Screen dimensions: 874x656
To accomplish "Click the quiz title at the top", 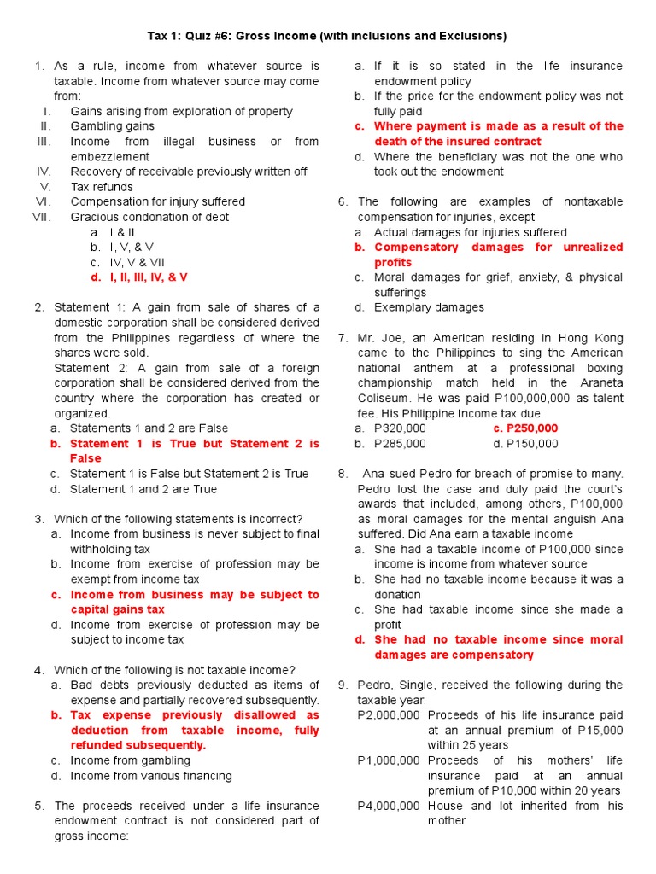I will pos(327,36).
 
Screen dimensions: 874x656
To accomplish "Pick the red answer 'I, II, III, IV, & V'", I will pos(138,277).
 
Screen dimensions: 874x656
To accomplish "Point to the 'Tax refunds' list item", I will pos(102,187).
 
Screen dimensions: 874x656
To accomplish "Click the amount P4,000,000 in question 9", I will pos(389,806).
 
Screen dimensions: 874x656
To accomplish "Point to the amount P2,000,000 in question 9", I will pos(389,715).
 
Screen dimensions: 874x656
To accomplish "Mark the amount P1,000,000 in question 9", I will pos(389,760).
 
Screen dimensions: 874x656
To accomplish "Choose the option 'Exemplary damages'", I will pos(429,307).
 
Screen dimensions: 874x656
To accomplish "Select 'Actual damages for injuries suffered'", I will pos(470,232).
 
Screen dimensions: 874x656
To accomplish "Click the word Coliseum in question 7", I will pos(384,399).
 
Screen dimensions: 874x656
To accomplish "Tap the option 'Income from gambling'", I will pos(130,760).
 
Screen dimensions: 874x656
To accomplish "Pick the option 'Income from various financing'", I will pos(150,776).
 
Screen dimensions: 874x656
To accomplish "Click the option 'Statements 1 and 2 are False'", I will pos(149,428).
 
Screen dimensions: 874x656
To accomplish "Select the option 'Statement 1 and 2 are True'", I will pos(143,489).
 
